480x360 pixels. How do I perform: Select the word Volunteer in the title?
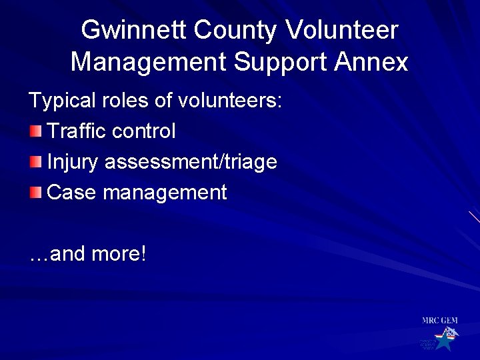pyautogui.click(x=341, y=31)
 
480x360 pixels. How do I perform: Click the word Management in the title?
pyautogui.click(x=149, y=62)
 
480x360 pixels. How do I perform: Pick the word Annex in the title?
pyautogui.click(x=371, y=62)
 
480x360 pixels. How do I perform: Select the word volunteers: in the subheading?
pyautogui.click(x=230, y=101)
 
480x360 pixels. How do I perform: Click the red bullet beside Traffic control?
pyautogui.click(x=35, y=131)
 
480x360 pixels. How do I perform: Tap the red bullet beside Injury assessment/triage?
pyautogui.click(x=35, y=161)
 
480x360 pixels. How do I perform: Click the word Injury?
pyautogui.click(x=73, y=162)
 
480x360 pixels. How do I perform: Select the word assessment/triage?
pyautogui.click(x=191, y=162)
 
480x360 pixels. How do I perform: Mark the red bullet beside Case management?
pyautogui.click(x=35, y=193)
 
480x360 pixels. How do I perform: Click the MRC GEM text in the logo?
pyautogui.click(x=440, y=321)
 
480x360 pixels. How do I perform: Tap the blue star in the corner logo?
pyautogui.click(x=443, y=341)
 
